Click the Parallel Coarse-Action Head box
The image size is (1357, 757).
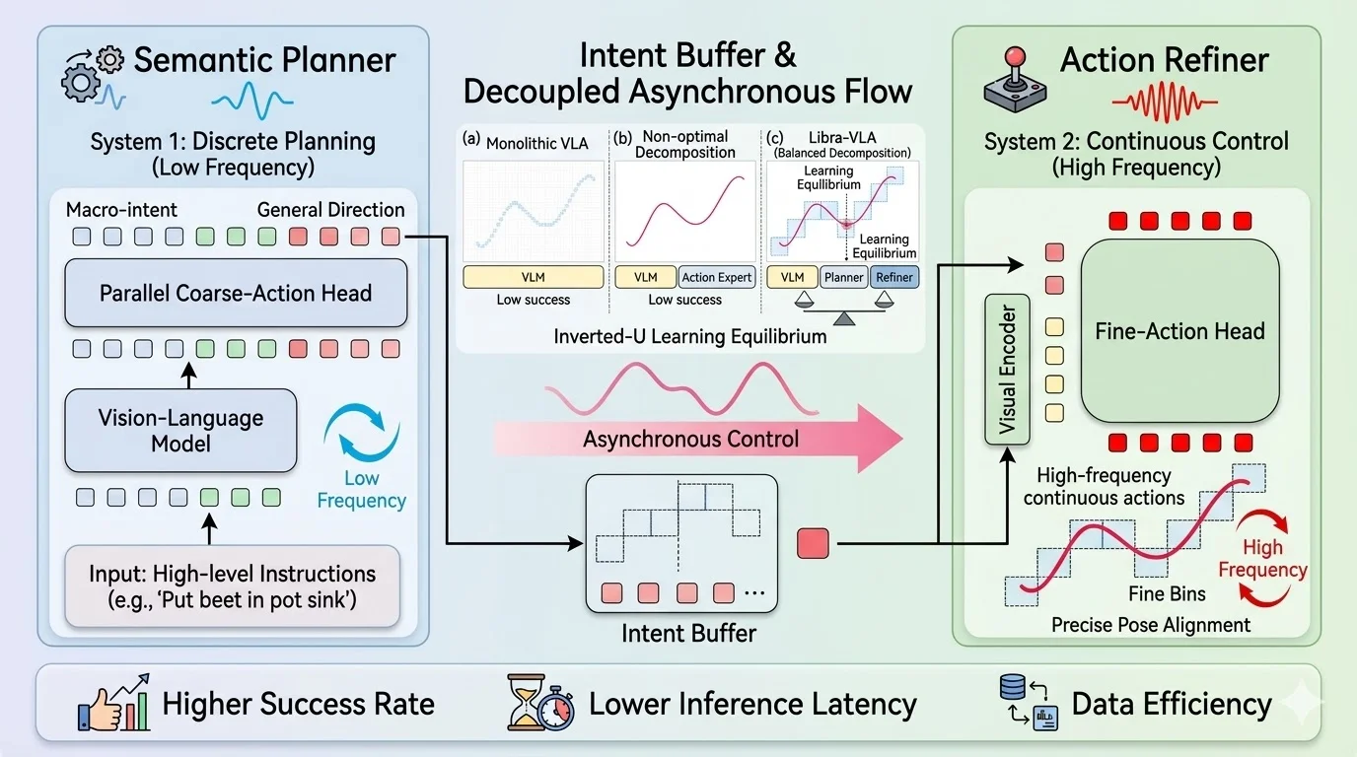coord(236,293)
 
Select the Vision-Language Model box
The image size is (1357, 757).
coord(180,431)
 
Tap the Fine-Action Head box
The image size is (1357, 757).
coord(1179,331)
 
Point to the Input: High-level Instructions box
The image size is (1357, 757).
coord(232,585)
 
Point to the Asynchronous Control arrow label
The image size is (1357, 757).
coord(690,439)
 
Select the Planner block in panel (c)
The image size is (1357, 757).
coord(843,277)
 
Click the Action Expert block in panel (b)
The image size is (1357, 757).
coord(716,277)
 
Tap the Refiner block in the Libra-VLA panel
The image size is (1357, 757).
coord(893,277)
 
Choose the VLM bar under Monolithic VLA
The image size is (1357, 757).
coord(533,277)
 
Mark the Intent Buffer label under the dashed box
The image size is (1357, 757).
coord(688,632)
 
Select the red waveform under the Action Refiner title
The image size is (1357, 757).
coord(1165,101)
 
